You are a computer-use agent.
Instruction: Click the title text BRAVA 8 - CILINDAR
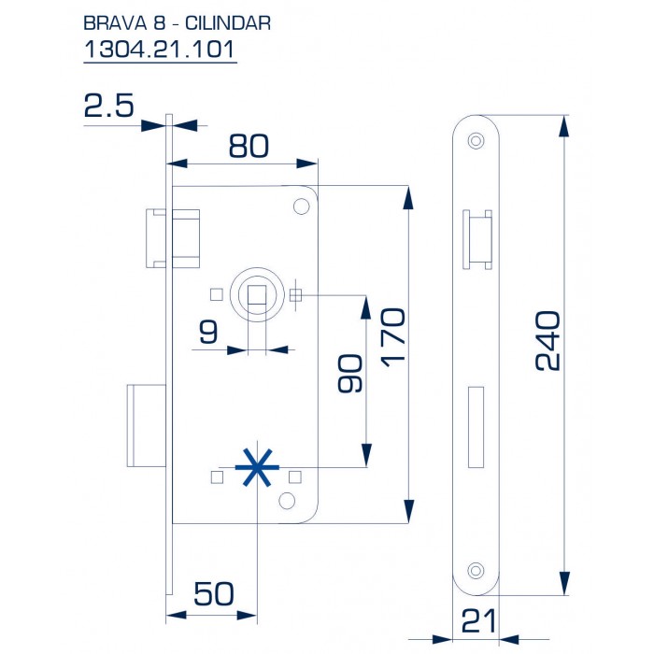click(177, 22)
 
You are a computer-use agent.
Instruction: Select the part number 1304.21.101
click(159, 50)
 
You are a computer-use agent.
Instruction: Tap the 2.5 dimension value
click(108, 106)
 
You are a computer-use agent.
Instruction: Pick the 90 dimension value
click(348, 375)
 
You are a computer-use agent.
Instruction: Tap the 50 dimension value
click(213, 594)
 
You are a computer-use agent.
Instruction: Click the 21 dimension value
click(476, 620)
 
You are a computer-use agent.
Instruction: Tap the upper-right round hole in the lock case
click(302, 206)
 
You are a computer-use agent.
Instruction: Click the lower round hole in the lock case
click(285, 502)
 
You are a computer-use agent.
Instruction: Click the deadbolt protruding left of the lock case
click(148, 424)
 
